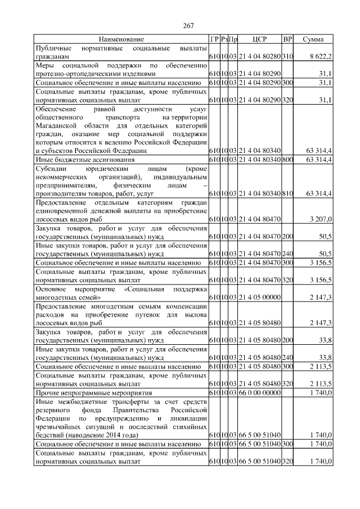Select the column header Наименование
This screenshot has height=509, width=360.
(x=121, y=39)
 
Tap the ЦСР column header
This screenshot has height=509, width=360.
(x=259, y=39)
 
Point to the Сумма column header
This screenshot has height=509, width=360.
(x=313, y=39)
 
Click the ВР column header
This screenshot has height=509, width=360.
(x=287, y=39)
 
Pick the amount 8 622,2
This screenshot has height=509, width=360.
(x=321, y=57)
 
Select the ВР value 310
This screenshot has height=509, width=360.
(x=287, y=57)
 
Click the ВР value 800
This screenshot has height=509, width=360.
(x=287, y=160)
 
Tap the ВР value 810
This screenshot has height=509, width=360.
(x=287, y=193)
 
